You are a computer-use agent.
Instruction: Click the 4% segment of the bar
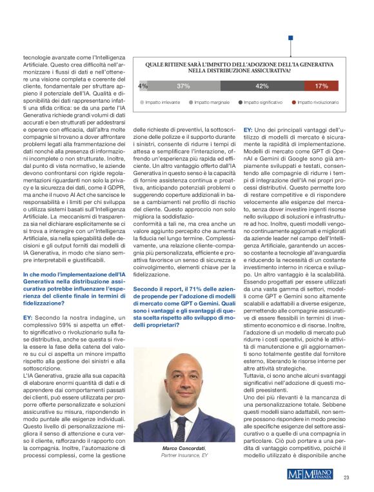(143, 85)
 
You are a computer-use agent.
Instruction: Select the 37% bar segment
(182, 85)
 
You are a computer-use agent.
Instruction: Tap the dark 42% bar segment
(262, 85)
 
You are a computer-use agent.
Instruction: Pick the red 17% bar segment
(320, 85)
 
